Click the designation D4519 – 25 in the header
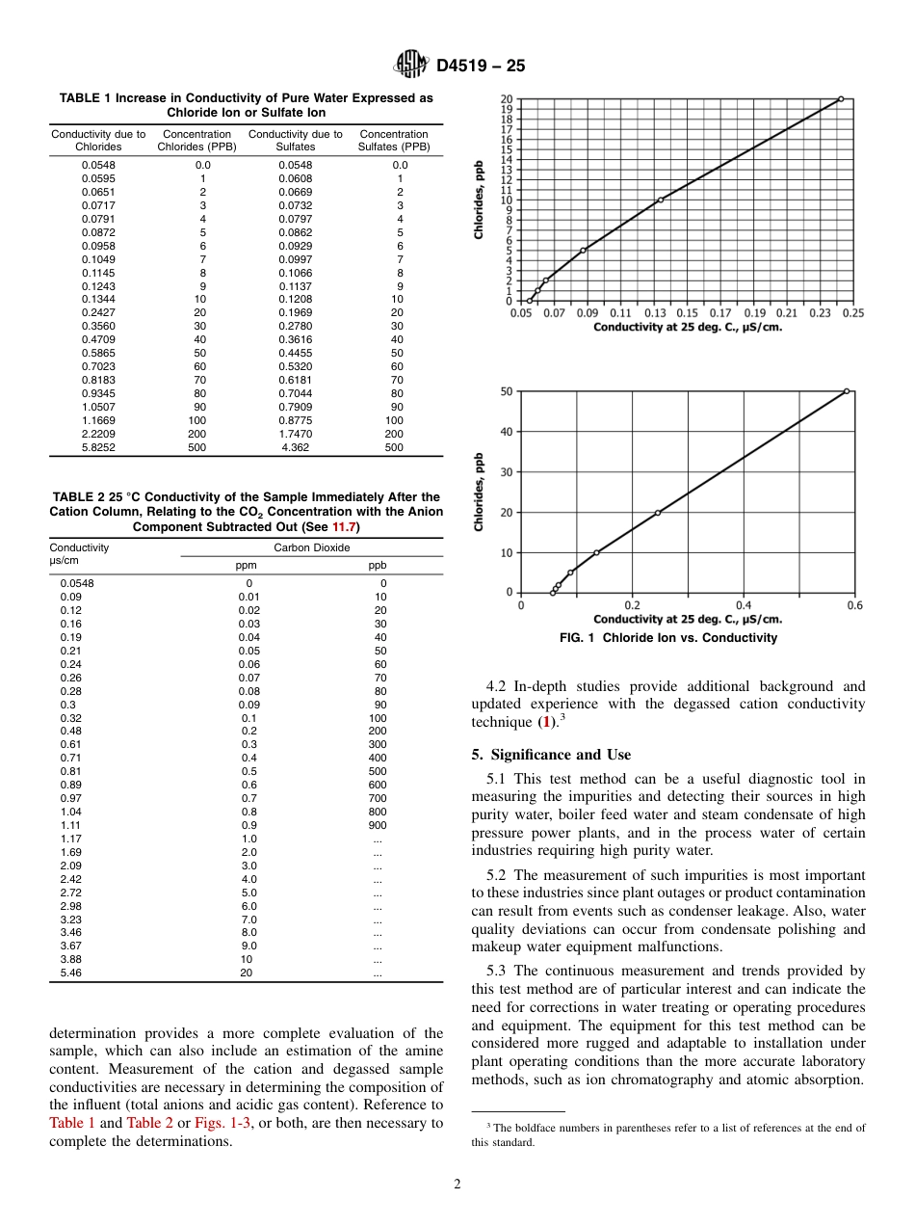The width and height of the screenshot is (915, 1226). [x=481, y=67]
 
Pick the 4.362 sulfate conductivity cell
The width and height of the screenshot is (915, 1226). [x=295, y=448]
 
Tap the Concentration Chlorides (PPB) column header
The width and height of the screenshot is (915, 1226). [x=196, y=141]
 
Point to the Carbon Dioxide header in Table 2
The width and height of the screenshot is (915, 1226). [x=311, y=547]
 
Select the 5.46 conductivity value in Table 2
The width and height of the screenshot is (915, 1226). [x=71, y=974]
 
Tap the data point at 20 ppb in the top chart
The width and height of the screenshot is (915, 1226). [x=841, y=98]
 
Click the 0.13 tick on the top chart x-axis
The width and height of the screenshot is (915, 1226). [x=654, y=313]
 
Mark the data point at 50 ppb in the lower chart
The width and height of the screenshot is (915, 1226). [x=847, y=391]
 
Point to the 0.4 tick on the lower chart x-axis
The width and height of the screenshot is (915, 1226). [x=744, y=605]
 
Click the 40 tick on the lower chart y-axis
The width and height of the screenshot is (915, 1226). [x=507, y=432]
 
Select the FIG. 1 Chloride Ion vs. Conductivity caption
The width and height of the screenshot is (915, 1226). [x=667, y=638]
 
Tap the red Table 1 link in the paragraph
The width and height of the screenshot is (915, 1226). [x=72, y=1123]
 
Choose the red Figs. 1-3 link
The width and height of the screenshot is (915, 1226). [x=222, y=1123]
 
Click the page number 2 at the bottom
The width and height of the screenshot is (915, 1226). [x=457, y=1185]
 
